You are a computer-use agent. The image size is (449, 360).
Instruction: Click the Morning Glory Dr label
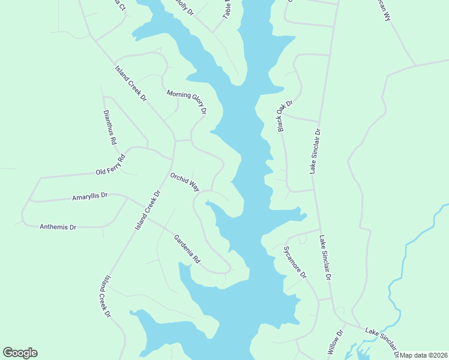pos(187,102)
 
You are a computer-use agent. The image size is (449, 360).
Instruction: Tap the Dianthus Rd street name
pos(109,128)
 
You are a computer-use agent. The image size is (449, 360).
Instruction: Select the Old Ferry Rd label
pos(110,166)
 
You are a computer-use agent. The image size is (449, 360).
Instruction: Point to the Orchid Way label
pos(185,182)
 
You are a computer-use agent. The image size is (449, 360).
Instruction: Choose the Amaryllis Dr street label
pos(89,196)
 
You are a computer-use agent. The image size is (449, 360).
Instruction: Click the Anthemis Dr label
pos(58,227)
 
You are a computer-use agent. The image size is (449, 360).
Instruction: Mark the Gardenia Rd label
pos(187,250)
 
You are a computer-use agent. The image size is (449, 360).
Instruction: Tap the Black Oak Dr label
pos(285,116)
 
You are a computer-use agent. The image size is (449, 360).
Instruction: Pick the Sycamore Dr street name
pos(295,262)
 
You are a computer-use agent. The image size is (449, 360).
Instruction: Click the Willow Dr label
pos(335,341)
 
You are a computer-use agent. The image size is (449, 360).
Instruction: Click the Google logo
pos(20,353)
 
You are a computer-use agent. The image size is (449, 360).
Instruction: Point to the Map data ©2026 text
pos(424,355)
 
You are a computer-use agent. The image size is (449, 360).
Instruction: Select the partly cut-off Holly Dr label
pos(184,7)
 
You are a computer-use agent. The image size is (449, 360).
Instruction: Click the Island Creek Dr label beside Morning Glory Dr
pos(131,83)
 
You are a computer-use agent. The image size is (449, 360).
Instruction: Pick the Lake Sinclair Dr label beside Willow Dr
pos(383,340)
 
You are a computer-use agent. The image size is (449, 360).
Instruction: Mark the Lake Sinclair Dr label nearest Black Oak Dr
pos(316,151)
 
